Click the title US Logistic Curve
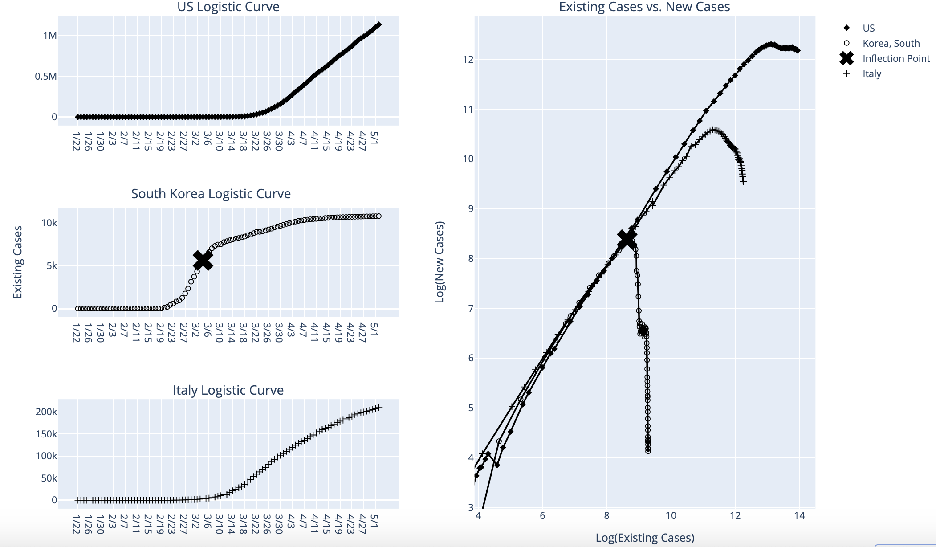(228, 7)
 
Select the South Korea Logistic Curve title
(211, 194)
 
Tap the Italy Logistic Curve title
(228, 390)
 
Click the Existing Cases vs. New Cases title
(644, 7)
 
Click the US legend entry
(868, 28)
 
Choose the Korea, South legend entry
(891, 43)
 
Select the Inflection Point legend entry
(895, 58)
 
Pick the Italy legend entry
(871, 73)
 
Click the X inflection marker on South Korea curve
(203, 260)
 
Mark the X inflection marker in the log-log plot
(627, 239)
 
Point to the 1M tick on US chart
(50, 36)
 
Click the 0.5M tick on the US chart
(46, 77)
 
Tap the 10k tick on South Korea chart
(49, 223)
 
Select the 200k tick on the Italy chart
(46, 412)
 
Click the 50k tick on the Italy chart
(49, 478)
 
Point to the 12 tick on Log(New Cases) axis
(468, 59)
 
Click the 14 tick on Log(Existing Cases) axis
(799, 516)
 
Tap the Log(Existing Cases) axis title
(645, 538)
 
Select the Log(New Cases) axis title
(440, 262)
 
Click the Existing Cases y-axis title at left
(17, 262)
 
